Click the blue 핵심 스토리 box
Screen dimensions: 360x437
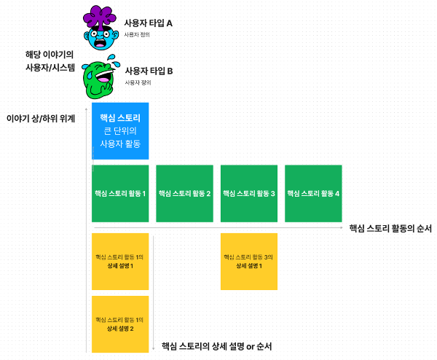119,130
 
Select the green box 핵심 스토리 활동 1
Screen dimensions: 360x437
119,193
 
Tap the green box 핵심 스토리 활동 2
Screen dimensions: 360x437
184,193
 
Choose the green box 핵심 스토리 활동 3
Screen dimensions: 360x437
248,193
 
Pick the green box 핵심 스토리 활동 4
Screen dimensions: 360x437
313,193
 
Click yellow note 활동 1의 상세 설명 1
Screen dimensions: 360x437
119,261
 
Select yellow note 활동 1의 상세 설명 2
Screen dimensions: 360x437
119,324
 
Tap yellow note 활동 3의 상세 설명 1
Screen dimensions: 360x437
248,261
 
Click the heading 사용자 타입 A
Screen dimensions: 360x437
149,23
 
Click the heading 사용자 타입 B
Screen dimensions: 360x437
149,71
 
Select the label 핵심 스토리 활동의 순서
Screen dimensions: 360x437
390,228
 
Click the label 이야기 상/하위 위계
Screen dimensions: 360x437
40,117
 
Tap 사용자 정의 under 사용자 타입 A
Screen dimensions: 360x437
136,35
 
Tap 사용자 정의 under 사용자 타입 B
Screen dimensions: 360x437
136,83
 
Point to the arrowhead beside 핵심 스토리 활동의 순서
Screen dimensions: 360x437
342,228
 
